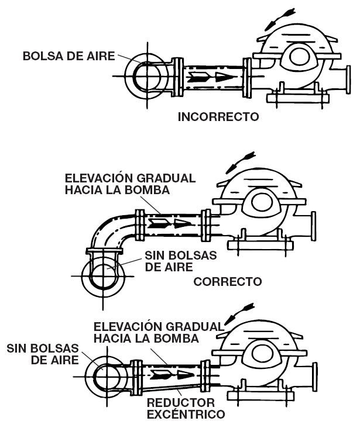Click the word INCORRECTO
coord(218,117)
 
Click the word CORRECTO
coord(228,282)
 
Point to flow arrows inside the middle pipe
coord(169,223)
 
